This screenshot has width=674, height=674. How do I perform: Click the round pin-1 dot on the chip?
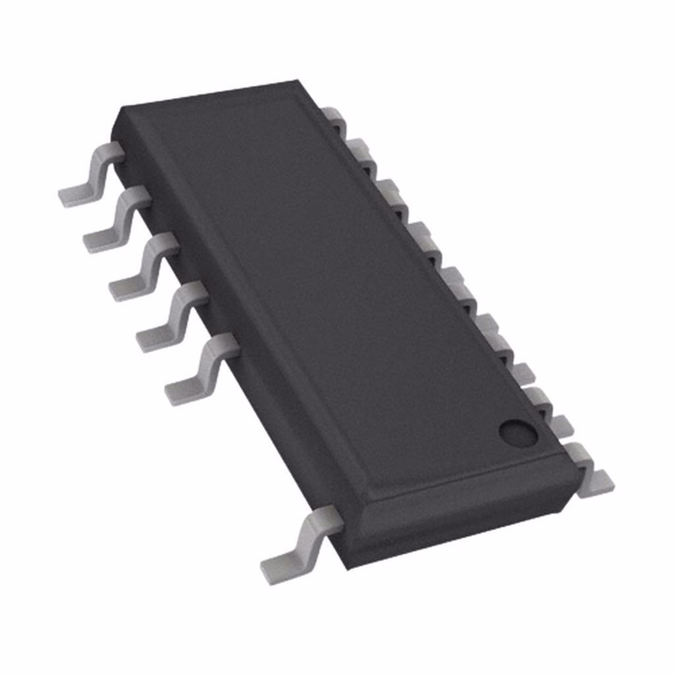click(x=518, y=432)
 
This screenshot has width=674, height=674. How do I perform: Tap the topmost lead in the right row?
click(x=336, y=118)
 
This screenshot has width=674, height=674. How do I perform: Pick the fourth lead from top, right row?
click(x=421, y=234)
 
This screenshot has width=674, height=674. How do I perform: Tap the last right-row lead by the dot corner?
click(x=589, y=467)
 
